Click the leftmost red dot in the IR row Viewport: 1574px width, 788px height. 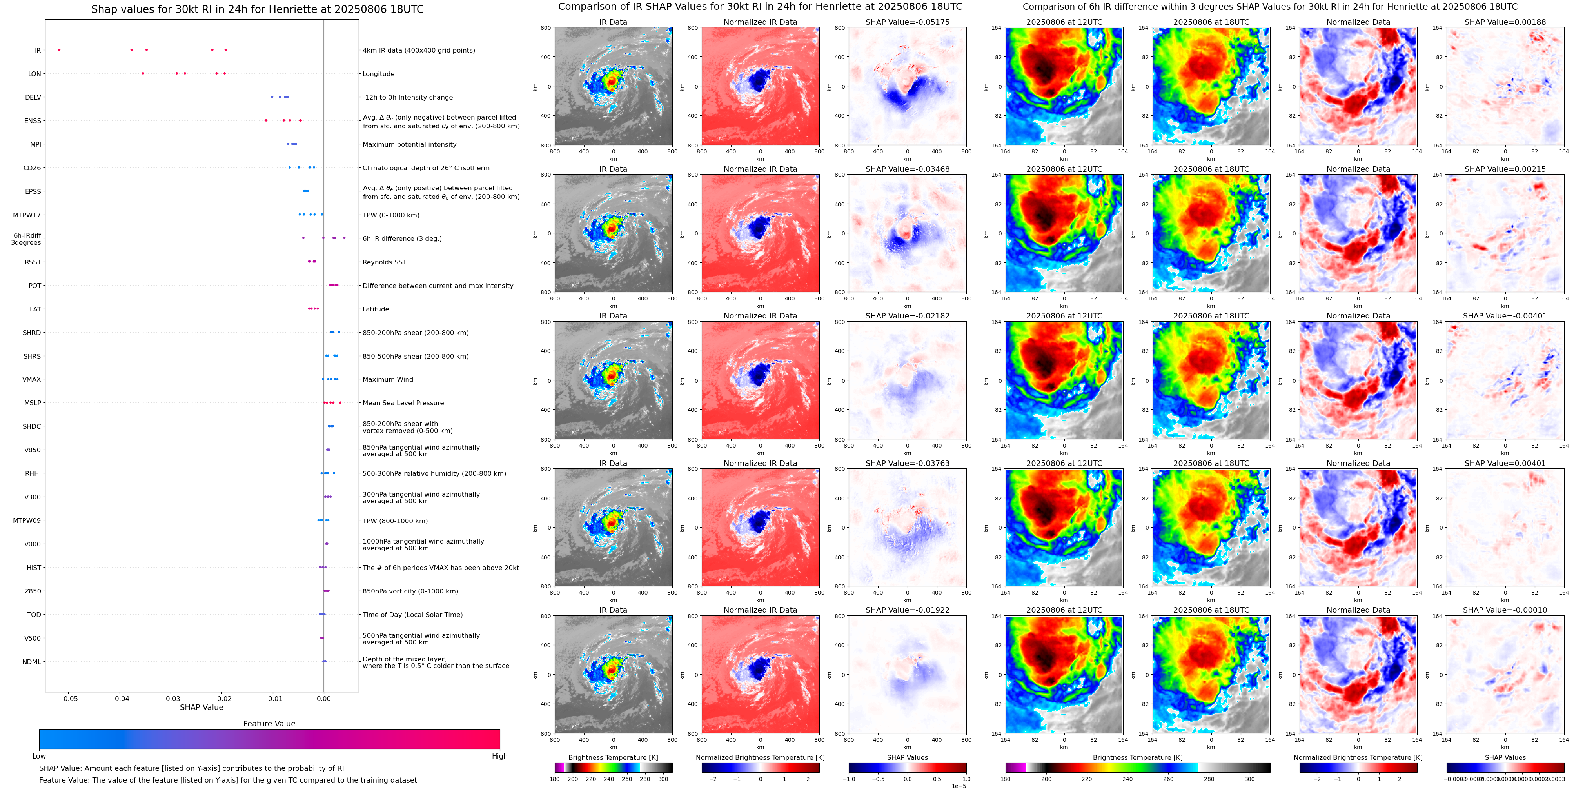59,49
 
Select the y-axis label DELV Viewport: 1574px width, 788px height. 33,97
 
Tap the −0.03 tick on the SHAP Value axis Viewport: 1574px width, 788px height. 171,699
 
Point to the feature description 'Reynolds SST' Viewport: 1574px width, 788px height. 384,262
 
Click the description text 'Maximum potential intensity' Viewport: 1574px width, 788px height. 409,145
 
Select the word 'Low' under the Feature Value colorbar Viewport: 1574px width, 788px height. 39,756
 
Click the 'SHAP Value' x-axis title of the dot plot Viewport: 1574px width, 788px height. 202,707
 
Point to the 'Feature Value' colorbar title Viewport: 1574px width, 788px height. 269,724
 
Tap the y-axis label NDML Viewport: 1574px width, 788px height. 32,662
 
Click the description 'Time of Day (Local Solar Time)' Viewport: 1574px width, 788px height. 412,615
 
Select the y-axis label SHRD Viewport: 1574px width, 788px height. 32,333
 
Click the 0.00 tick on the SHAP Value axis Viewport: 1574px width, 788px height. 324,699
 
